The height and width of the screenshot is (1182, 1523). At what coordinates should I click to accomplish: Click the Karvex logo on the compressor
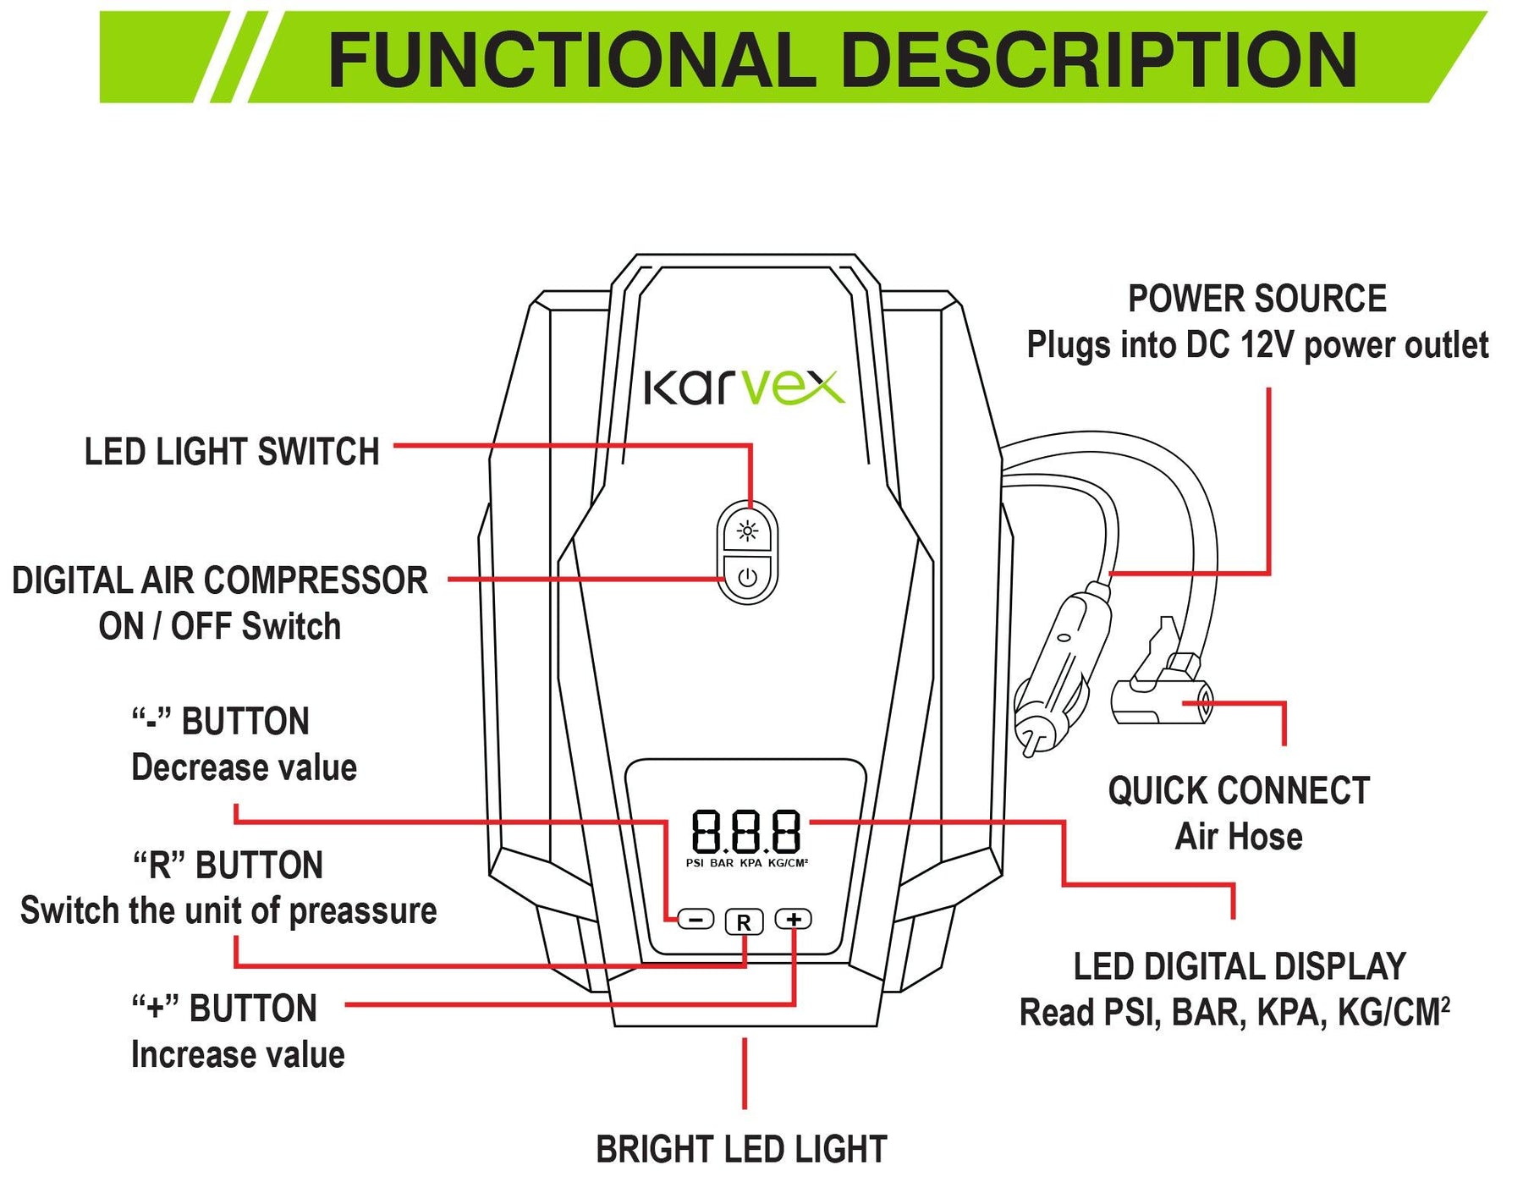[744, 388]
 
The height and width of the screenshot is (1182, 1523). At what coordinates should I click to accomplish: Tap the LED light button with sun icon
[747, 531]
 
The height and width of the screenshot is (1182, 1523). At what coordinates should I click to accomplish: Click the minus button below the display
[696, 920]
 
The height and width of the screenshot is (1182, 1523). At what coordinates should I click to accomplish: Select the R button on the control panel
[744, 922]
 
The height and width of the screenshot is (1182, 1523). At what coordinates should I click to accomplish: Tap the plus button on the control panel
[794, 920]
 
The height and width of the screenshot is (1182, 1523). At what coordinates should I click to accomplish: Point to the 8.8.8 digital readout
[745, 832]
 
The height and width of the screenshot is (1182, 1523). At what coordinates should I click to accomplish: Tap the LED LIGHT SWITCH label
[232, 452]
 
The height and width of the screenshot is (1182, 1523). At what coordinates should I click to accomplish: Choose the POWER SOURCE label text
[1256, 299]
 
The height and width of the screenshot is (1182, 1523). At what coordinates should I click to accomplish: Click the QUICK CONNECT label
[1239, 791]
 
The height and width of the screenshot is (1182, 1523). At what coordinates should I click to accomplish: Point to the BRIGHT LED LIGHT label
[741, 1150]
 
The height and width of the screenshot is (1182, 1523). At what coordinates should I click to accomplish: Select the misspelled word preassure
[363, 911]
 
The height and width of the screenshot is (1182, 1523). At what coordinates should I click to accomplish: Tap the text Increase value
[238, 1055]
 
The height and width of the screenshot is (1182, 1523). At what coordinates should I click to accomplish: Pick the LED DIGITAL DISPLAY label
[1239, 967]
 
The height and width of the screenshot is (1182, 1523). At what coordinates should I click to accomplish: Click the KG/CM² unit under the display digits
[788, 863]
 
